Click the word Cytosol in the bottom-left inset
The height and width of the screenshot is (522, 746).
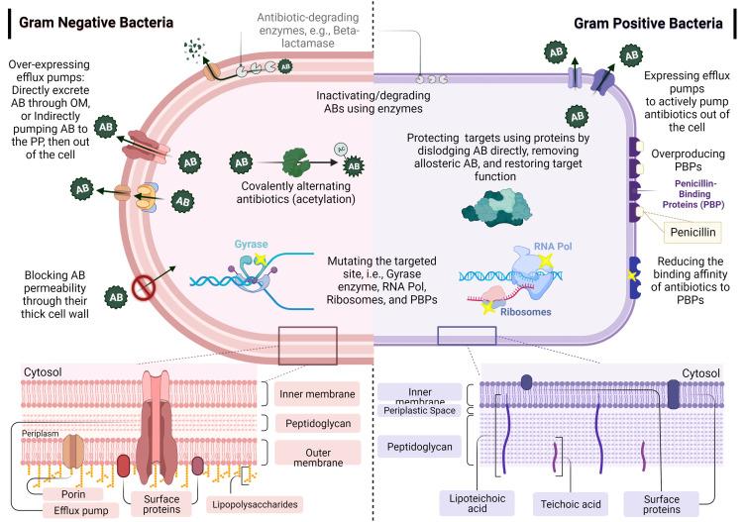click(x=44, y=371)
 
